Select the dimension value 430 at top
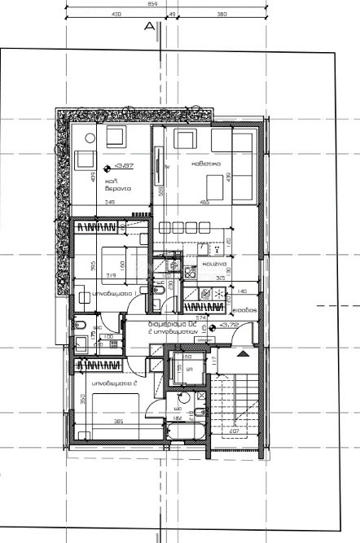point(116,15)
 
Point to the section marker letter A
point(149,26)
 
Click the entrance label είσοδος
point(245,311)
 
